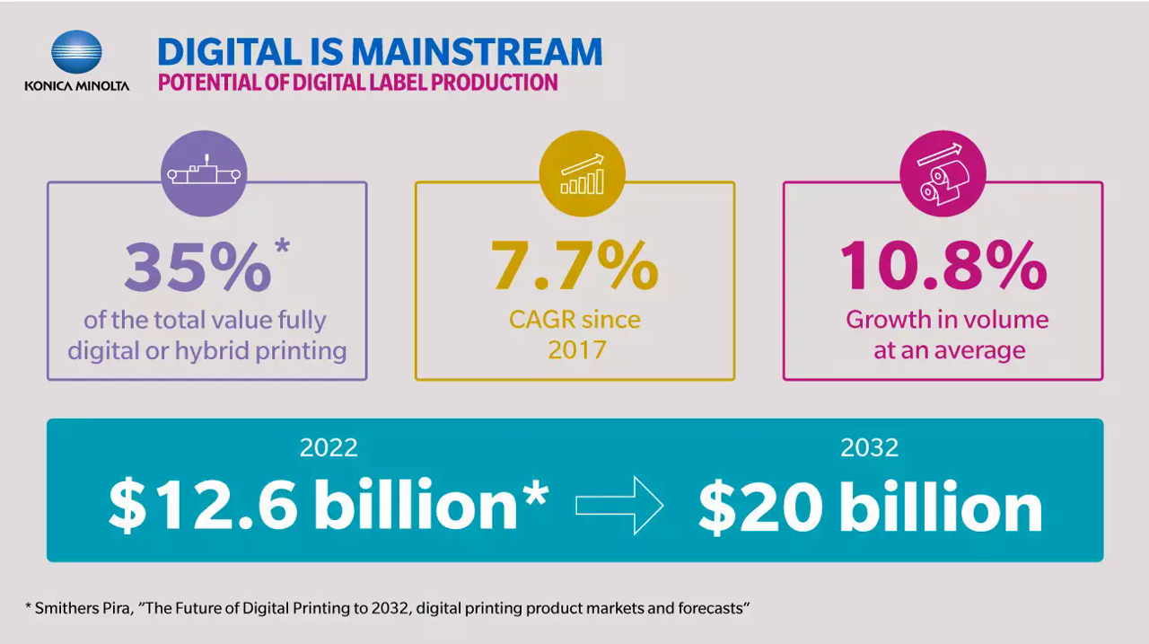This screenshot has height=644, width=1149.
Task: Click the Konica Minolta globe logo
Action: click(x=76, y=52)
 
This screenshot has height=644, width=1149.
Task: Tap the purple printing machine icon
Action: click(x=207, y=173)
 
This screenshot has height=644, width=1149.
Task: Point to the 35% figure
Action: click(x=197, y=267)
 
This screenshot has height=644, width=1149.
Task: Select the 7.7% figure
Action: click(x=574, y=267)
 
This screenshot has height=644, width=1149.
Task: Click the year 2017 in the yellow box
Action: click(x=574, y=349)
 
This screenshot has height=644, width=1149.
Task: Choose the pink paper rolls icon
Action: click(x=943, y=173)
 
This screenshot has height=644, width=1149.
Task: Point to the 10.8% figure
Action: click(x=943, y=267)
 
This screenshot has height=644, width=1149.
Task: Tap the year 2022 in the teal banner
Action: click(x=329, y=446)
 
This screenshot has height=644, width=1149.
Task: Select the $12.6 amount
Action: click(x=203, y=506)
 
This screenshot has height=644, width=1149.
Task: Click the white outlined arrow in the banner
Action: click(x=618, y=507)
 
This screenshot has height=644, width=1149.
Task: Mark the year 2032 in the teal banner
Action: click(x=869, y=446)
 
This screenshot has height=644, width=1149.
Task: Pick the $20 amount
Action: click(x=760, y=507)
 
